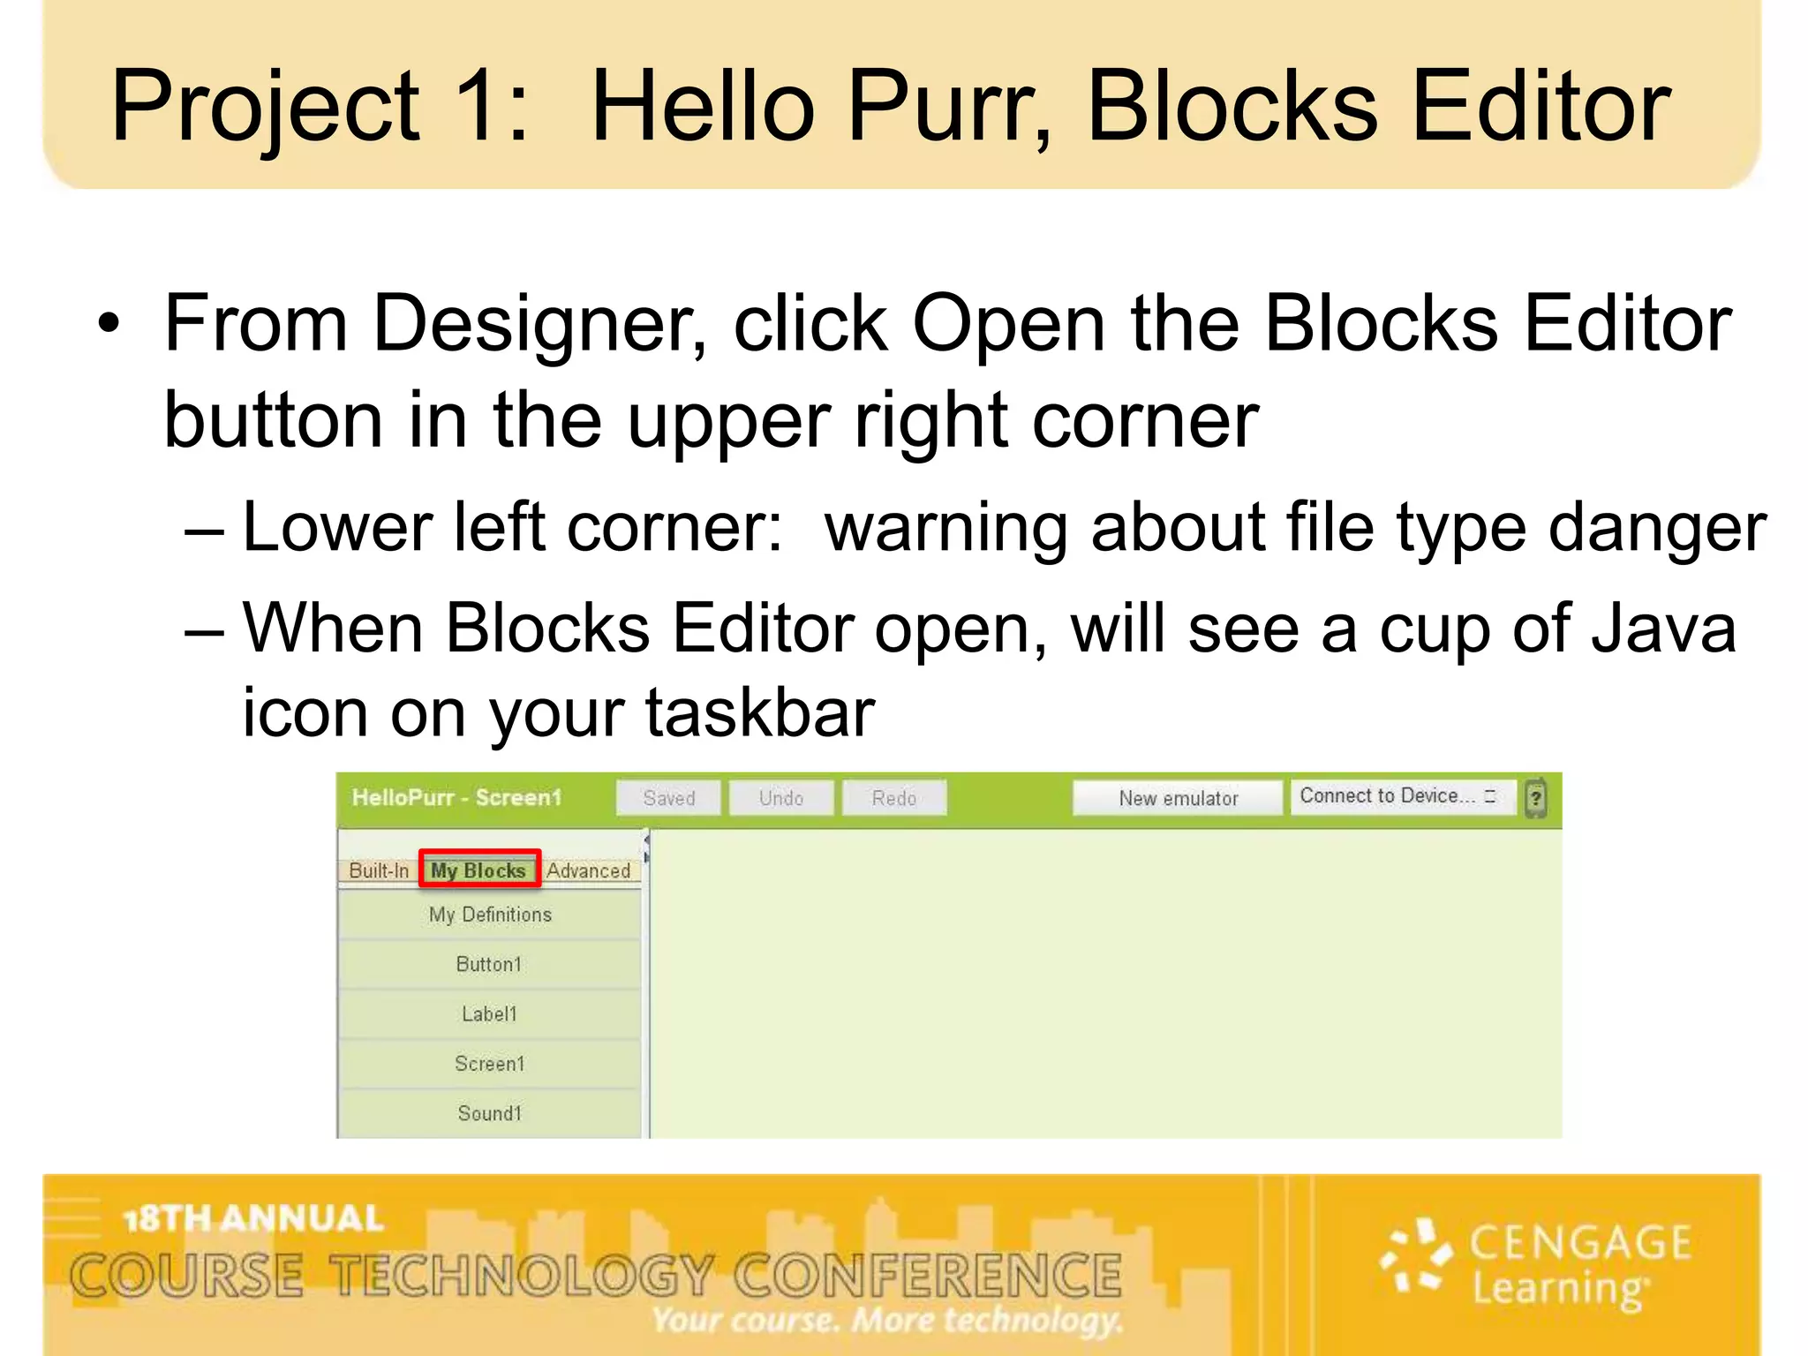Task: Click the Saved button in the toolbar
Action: click(x=668, y=798)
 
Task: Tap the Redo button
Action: click(x=893, y=798)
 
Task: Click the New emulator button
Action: click(x=1178, y=798)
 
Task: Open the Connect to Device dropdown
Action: click(x=1402, y=796)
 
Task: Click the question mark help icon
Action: click(x=1536, y=798)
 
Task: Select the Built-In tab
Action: click(x=379, y=870)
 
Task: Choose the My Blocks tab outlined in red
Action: click(x=478, y=870)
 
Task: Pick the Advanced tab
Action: click(x=588, y=870)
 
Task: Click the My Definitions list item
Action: click(x=490, y=915)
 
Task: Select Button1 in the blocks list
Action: click(x=489, y=964)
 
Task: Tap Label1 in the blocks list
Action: click(x=489, y=1013)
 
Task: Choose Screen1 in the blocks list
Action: click(x=489, y=1064)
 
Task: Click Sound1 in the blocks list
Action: click(x=489, y=1113)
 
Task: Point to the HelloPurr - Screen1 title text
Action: click(x=456, y=798)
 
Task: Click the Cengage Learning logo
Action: click(x=1536, y=1264)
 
